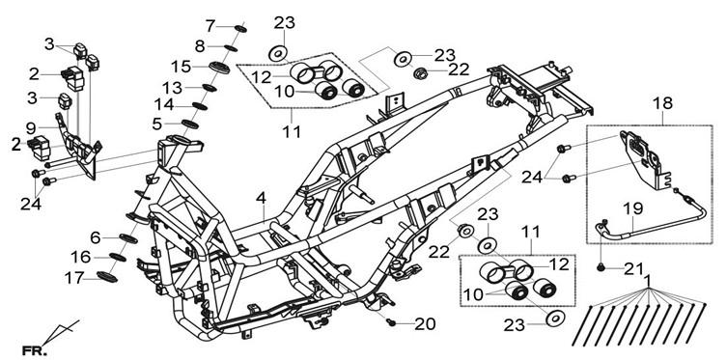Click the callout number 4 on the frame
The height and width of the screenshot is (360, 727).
point(261,199)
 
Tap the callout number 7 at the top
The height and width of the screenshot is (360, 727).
point(210,26)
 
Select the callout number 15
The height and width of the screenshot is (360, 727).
point(181,67)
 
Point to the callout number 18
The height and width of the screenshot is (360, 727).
point(663,104)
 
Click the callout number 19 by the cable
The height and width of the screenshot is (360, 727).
point(633,209)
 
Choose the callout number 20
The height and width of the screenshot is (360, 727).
point(425,325)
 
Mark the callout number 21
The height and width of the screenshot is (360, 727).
point(633,268)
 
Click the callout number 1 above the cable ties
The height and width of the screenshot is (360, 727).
point(648,280)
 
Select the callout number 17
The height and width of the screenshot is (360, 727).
point(74,279)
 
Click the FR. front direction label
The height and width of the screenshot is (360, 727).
point(35,350)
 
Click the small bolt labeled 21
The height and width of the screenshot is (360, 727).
point(601,267)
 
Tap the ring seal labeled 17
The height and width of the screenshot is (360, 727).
point(107,277)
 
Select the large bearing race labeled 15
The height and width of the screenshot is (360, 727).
point(220,68)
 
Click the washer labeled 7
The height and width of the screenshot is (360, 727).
point(240,29)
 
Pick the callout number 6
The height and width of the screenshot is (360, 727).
point(96,238)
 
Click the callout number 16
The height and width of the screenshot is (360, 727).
point(81,257)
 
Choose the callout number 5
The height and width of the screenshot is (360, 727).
point(157,125)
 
